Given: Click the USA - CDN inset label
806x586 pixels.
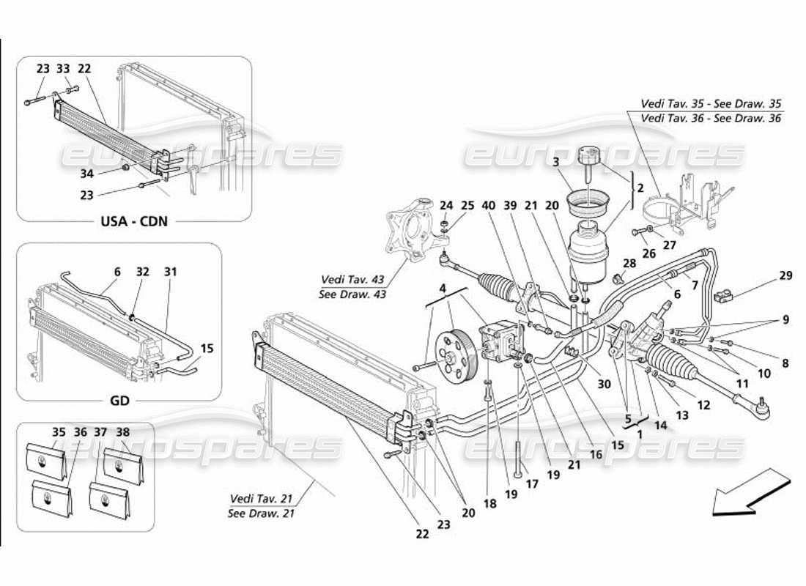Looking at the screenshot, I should (x=133, y=220).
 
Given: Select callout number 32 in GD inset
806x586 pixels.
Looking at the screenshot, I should (x=143, y=271).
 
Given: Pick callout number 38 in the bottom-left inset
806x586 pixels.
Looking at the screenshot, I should (x=122, y=432).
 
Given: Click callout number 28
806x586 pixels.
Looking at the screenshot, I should (x=629, y=263).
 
